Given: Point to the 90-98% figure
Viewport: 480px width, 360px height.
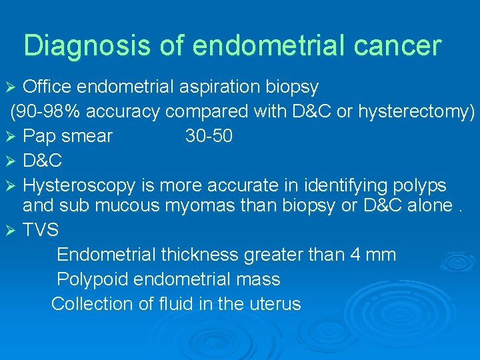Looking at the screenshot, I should point(44,112).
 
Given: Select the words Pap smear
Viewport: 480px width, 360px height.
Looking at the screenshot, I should point(67,137).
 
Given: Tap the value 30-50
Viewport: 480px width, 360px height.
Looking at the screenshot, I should point(209,137).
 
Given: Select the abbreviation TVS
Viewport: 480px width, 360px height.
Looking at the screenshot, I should point(41,231).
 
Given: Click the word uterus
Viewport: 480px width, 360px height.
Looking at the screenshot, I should point(274,304).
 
